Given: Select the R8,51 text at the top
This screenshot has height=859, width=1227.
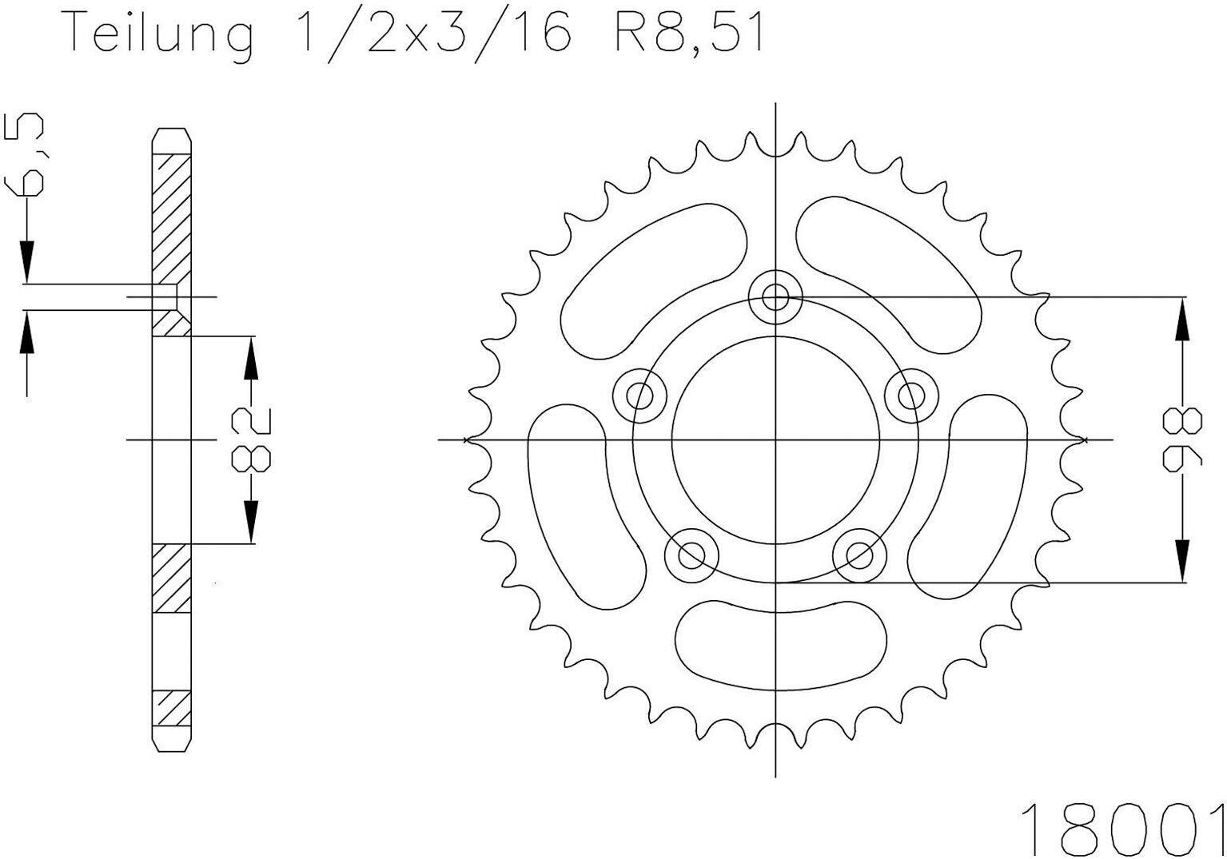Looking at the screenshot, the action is [x=688, y=34].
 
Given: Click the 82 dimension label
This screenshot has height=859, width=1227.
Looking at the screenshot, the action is [x=252, y=439].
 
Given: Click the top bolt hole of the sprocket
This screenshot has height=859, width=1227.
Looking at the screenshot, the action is [x=775, y=297].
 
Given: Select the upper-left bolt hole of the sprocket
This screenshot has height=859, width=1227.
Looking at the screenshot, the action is [x=639, y=396].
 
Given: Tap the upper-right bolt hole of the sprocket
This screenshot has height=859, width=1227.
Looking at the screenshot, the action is [x=911, y=396].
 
